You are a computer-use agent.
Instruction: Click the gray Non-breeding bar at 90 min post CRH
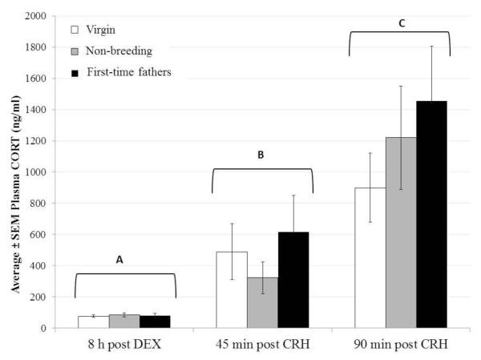point(400,233)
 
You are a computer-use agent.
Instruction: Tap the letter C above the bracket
point(400,24)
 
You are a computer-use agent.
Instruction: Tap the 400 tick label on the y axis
point(37,265)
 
